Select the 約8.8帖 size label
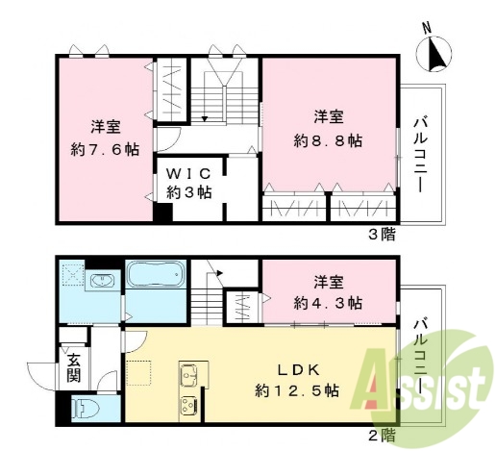point(328,139)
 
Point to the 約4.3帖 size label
point(328,302)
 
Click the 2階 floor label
point(381,436)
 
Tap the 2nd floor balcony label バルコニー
point(420,350)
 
